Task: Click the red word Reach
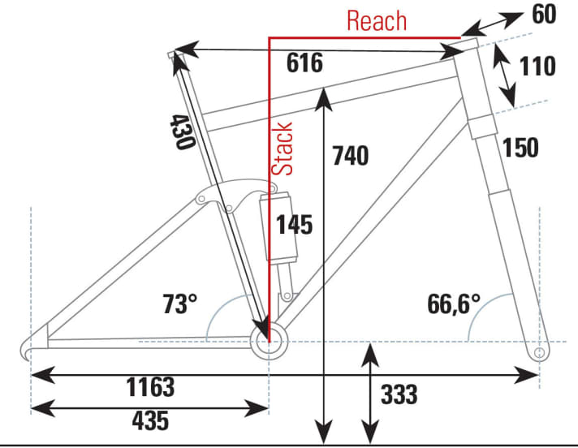click(x=377, y=20)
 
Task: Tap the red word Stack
click(x=283, y=149)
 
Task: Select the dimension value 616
click(x=304, y=63)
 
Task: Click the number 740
click(x=351, y=155)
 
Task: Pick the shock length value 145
click(x=294, y=224)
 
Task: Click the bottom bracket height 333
click(x=399, y=394)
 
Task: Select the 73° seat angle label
click(x=179, y=304)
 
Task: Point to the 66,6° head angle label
click(x=454, y=304)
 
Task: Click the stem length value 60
click(x=546, y=15)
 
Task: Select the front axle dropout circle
click(x=537, y=354)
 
